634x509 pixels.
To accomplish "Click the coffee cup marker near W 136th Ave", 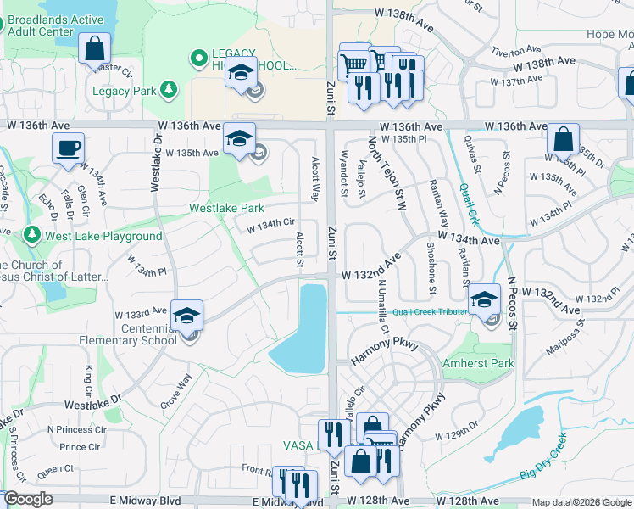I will [68, 148].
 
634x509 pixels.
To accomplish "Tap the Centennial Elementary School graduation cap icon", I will [187, 316].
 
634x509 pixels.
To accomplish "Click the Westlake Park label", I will [226, 208].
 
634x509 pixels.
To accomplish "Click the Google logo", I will [28, 500].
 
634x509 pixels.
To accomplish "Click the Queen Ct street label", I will [55, 468].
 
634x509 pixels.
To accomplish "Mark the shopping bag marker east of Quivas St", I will [563, 138].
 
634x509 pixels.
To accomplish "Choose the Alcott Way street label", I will [314, 177].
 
